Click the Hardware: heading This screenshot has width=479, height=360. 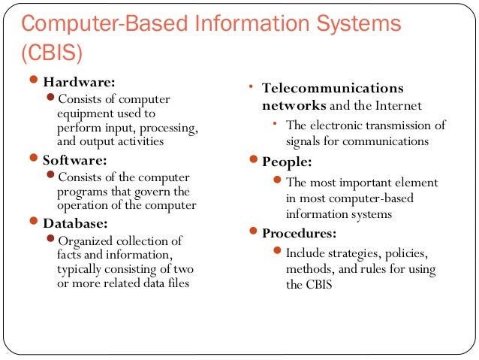pos(80,82)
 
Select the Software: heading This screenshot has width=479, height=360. pos(76,160)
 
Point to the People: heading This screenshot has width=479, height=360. pos(288,162)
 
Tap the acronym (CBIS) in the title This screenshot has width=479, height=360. pos(50,54)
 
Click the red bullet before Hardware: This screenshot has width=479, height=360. pos(33,81)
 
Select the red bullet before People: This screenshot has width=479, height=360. pos(253,161)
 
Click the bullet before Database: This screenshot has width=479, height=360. pos(33,222)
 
